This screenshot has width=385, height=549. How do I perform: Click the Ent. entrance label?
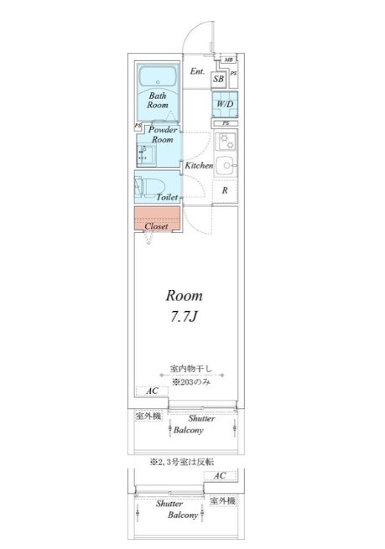tap(197, 71)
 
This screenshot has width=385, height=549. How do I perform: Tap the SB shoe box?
tap(218, 79)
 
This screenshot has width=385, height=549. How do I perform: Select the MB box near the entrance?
tap(228, 60)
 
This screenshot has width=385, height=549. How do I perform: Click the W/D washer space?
tap(225, 105)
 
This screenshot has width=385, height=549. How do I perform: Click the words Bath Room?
tap(158, 101)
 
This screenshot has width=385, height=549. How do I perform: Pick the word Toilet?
tap(166, 198)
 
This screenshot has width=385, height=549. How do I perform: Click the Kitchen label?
tap(199, 166)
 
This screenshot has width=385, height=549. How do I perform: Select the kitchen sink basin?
tap(225, 163)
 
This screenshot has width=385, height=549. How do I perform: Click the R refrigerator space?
tap(225, 190)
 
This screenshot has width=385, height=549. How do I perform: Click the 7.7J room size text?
tap(184, 318)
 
